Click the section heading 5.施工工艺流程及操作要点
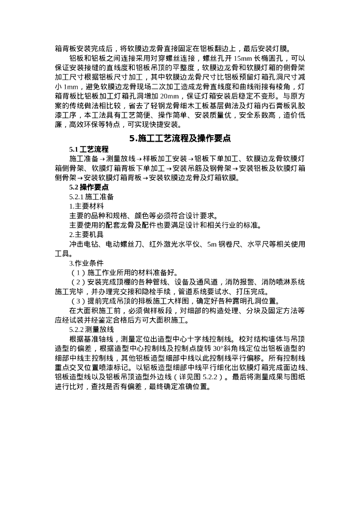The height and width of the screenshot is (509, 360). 180,139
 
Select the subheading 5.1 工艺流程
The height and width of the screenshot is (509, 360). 89,150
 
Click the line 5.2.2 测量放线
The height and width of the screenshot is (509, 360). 92,329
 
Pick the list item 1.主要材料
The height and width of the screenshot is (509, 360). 87,206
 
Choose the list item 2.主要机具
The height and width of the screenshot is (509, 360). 87,235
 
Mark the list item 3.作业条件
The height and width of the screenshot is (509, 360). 87,263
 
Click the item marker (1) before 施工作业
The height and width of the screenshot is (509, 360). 78,272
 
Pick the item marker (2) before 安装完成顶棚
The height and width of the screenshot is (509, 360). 78,282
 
